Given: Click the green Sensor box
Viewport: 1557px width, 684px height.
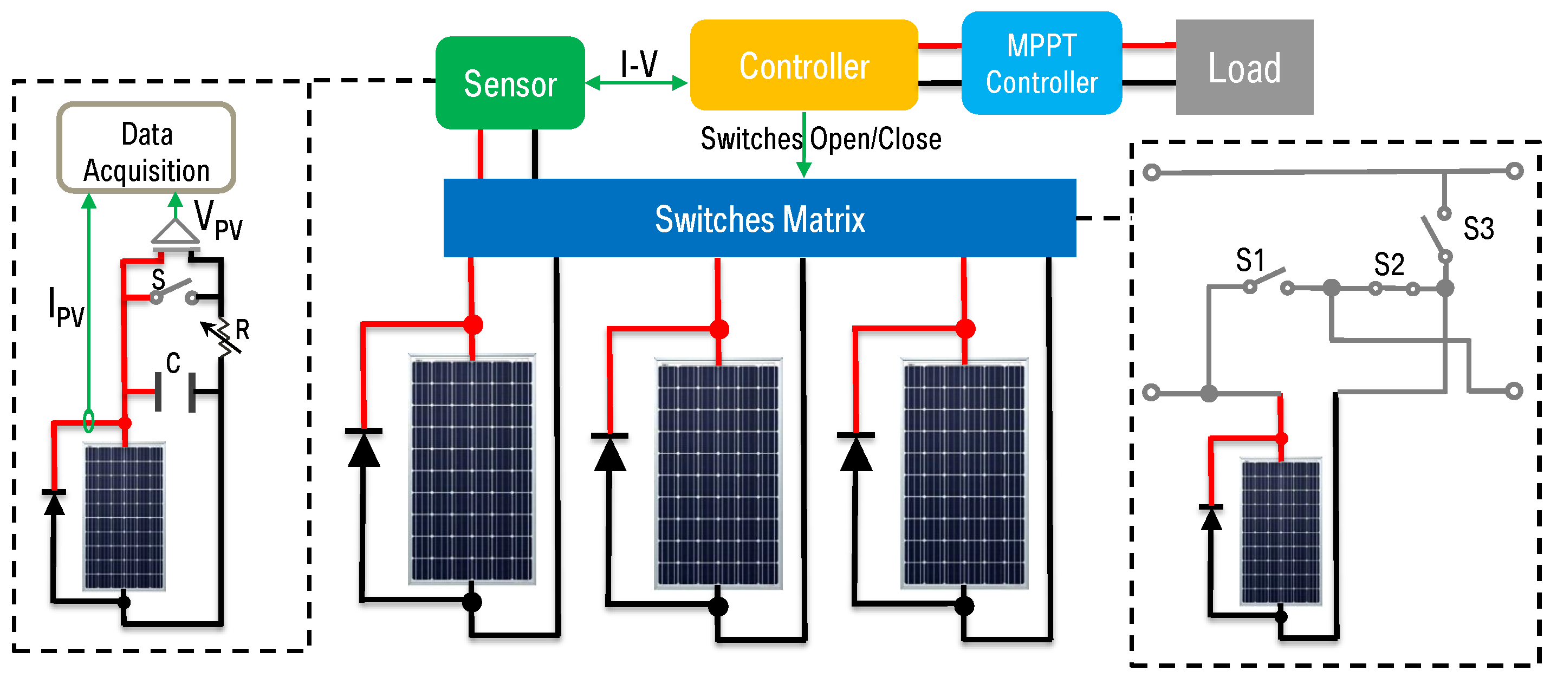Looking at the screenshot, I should [510, 83].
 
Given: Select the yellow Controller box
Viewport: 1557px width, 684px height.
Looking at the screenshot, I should [803, 65].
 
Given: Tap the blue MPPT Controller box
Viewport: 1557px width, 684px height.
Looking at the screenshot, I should [1041, 63].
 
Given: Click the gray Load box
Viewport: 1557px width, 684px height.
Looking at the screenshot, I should [1243, 67].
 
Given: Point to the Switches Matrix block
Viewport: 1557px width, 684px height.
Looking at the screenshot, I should [759, 218].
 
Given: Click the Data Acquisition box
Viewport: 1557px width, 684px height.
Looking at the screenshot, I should [146, 148].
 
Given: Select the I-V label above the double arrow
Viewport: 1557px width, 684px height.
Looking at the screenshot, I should [638, 63].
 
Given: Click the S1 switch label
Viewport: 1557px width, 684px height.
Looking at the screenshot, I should [1249, 260].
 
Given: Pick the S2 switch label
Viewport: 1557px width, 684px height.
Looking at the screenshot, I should [1388, 264].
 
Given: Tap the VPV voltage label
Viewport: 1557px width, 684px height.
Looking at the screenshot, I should [218, 220].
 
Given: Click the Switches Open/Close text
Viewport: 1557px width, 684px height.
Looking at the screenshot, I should [820, 139].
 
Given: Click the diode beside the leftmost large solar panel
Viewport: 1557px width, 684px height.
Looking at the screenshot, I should [364, 448].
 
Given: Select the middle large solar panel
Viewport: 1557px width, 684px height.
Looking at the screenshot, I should [718, 473].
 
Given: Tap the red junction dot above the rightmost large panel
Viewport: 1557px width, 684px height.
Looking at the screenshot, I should [965, 329].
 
